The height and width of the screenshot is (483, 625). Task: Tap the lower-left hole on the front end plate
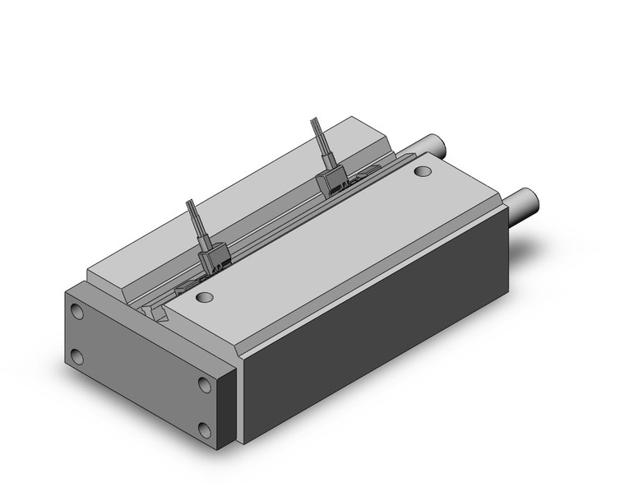[77, 355]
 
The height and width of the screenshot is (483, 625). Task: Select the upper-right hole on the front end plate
[203, 383]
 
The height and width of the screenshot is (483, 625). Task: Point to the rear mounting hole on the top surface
[423, 172]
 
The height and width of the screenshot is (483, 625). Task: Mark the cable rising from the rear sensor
[319, 144]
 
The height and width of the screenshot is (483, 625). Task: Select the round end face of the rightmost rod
[535, 199]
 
